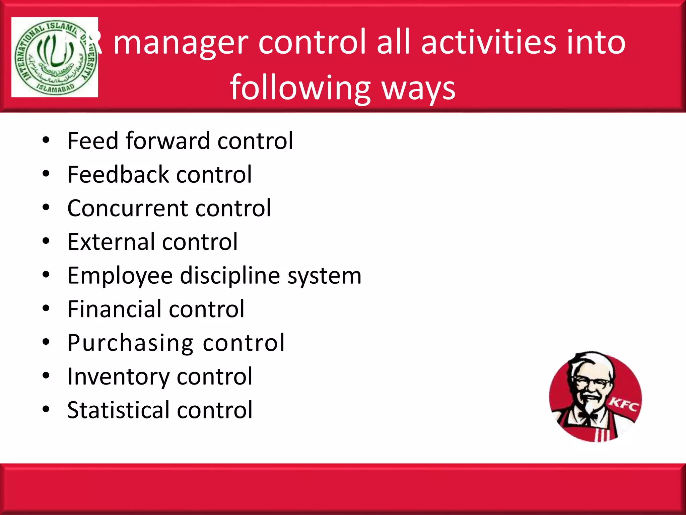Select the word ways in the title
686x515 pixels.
click(x=419, y=88)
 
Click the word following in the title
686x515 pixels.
click(x=300, y=88)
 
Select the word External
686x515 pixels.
click(x=111, y=242)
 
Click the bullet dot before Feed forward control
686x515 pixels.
click(x=46, y=140)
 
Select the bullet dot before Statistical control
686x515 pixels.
click(x=46, y=409)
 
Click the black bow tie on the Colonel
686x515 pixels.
click(x=588, y=416)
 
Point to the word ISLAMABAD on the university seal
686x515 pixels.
click(x=55, y=88)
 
